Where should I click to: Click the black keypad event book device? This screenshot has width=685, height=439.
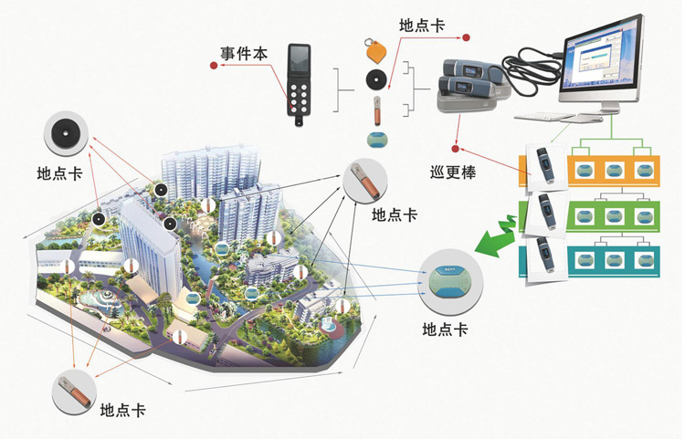tap(299, 83)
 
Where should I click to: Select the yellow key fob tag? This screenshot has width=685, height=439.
tap(373, 47)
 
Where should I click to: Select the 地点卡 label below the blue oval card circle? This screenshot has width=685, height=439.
tap(446, 329)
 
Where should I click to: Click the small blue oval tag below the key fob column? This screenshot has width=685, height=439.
tap(376, 141)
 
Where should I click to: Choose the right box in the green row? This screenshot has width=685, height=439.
tap(644, 215)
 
